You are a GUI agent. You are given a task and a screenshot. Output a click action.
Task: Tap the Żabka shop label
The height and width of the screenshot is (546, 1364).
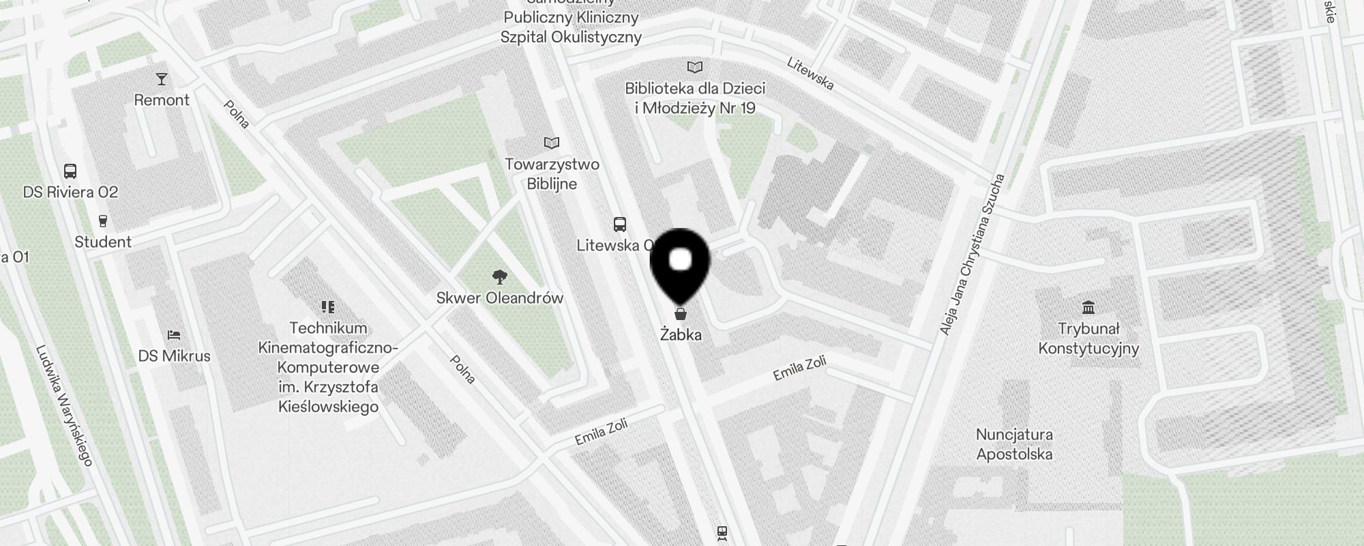681,335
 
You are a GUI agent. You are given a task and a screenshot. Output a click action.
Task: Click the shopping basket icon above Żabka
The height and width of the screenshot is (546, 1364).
680,314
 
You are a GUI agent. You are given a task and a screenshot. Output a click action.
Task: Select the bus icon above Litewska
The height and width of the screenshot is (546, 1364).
619,225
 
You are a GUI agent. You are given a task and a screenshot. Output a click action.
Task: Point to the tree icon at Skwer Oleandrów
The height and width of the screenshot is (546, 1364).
500,276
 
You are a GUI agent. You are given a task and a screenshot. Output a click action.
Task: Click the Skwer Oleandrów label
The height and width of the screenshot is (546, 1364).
500,298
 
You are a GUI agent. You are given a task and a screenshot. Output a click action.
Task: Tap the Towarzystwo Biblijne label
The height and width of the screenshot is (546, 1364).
552,174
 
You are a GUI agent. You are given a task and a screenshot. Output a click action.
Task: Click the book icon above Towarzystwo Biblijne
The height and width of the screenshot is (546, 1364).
552,143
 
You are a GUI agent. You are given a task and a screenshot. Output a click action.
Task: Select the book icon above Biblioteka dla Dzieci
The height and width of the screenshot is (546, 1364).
694,67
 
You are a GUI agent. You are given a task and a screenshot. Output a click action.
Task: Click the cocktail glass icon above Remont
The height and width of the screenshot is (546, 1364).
162,79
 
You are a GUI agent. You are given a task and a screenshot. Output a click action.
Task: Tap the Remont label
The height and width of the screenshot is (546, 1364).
162,100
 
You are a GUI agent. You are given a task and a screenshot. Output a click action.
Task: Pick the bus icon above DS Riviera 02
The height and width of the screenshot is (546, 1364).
70,171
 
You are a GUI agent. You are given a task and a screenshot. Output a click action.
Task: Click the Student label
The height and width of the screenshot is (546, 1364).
103,242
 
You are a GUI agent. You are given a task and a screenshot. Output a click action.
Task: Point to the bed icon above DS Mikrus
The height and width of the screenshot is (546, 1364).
174,335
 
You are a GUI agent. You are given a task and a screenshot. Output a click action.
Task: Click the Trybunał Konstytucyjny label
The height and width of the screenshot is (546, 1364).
1088,339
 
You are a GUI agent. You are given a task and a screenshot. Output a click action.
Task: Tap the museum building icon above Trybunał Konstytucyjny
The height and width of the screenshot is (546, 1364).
1088,307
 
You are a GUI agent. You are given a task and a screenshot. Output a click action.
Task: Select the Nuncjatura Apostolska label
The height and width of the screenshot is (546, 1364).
1014,444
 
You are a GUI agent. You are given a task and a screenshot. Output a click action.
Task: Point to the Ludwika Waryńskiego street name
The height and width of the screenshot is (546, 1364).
64,407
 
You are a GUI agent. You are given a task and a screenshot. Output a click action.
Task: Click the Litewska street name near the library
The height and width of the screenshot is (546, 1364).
810,73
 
